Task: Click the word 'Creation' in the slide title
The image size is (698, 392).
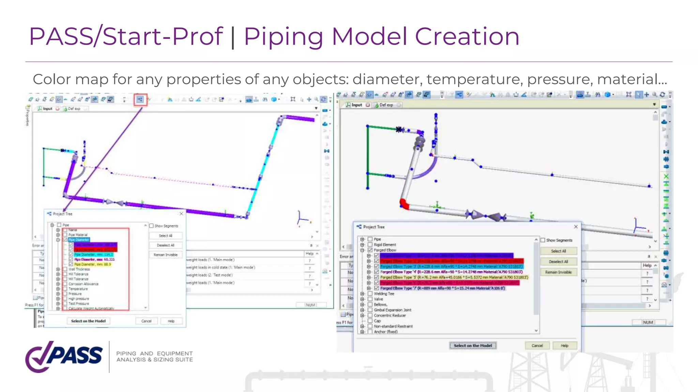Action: click(x=467, y=36)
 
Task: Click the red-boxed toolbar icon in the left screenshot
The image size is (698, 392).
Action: click(x=140, y=100)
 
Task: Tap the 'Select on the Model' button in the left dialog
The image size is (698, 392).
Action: click(x=88, y=321)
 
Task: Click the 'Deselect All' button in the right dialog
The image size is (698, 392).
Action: click(x=558, y=262)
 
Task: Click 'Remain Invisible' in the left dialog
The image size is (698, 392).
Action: click(x=166, y=255)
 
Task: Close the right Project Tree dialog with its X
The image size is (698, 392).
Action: click(x=576, y=227)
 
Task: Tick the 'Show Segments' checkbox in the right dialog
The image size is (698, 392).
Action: click(x=543, y=240)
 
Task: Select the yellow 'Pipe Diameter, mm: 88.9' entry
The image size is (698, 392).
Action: click(x=92, y=264)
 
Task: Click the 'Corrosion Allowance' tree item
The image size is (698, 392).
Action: click(x=84, y=284)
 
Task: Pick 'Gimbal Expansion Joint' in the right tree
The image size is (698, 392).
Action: click(x=392, y=310)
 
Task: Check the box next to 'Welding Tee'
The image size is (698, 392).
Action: click(x=370, y=294)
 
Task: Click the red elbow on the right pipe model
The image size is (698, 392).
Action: click(x=404, y=203)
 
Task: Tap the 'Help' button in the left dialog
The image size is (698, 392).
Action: click(x=171, y=321)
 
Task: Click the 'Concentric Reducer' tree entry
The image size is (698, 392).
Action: click(x=390, y=315)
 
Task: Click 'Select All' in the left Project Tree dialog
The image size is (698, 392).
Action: click(x=166, y=235)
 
